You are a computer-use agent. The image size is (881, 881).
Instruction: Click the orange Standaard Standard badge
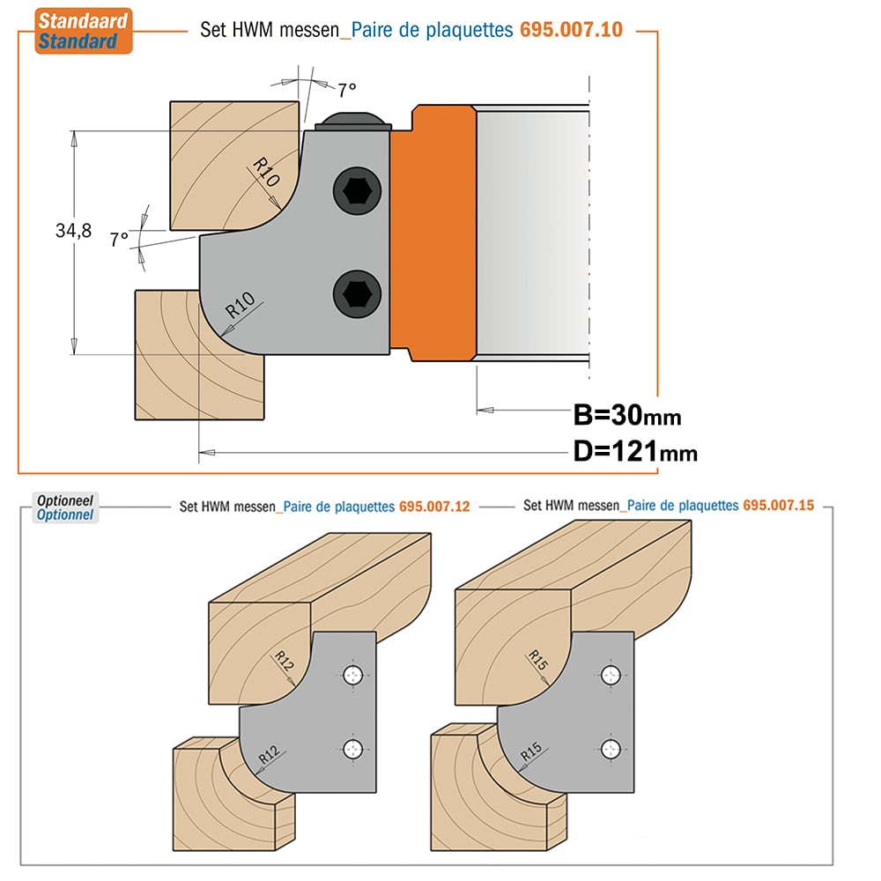(83, 31)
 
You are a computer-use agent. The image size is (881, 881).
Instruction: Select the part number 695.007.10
(571, 29)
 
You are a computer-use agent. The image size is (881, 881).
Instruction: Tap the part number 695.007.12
(434, 507)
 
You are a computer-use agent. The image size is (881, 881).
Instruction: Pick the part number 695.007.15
(778, 505)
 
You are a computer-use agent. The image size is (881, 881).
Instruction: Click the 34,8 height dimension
(74, 230)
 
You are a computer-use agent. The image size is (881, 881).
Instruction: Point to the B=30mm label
(627, 415)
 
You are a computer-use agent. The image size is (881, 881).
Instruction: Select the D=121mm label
(635, 451)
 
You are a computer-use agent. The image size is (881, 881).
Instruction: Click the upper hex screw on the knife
(357, 191)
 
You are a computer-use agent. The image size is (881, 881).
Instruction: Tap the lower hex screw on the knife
(357, 294)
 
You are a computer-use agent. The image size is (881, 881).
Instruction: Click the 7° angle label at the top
(346, 89)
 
